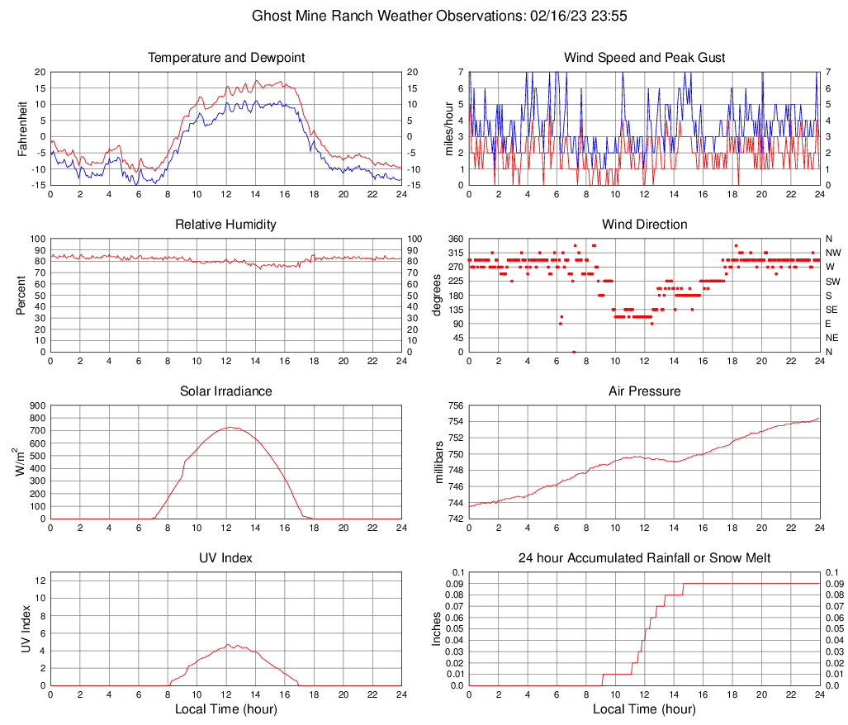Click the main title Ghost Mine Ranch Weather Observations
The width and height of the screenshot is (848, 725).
click(x=424, y=16)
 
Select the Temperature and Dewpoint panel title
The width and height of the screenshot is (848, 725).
click(x=226, y=58)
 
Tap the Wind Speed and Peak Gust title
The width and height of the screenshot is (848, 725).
click(x=644, y=58)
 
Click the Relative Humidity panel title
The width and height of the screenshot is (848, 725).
click(x=226, y=225)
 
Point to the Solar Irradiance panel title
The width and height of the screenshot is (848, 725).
click(x=226, y=391)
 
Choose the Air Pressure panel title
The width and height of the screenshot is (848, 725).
click(x=644, y=391)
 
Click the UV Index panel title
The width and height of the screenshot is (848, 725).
click(x=226, y=558)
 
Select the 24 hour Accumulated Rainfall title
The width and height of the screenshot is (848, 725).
click(x=644, y=558)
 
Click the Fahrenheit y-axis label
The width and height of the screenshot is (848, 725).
click(x=22, y=129)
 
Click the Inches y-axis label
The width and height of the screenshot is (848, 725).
click(x=437, y=629)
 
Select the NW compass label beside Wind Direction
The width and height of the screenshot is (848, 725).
click(x=832, y=253)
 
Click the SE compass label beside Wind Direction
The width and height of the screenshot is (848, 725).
click(x=831, y=310)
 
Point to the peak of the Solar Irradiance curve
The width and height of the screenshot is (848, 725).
click(x=230, y=427)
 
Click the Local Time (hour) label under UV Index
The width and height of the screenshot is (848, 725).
click(x=226, y=708)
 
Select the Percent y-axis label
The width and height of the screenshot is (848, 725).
click(x=22, y=296)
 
